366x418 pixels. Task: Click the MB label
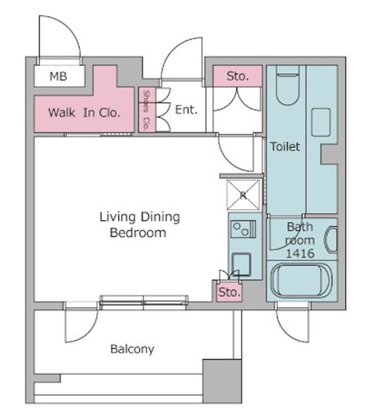tap(58, 77)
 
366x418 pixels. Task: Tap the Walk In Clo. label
tap(84, 113)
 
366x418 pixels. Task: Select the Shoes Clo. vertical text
tap(146, 110)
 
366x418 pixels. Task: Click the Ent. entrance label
tap(186, 110)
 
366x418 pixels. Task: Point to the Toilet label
tap(285, 146)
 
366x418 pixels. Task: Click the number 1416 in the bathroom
tap(300, 254)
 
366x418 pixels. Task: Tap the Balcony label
tap(132, 349)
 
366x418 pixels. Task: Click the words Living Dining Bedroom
tap(139, 225)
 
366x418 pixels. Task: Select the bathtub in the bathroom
tap(302, 280)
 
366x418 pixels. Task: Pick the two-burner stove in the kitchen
tap(243, 229)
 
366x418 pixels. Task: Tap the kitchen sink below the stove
tap(241, 264)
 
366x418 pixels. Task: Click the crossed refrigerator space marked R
tap(243, 194)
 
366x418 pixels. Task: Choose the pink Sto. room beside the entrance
tap(238, 76)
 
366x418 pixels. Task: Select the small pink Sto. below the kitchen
tap(229, 293)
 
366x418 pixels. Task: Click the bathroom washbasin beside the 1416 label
tap(331, 240)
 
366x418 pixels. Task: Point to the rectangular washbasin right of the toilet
tap(321, 122)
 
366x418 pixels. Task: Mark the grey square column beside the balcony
tap(222, 381)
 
